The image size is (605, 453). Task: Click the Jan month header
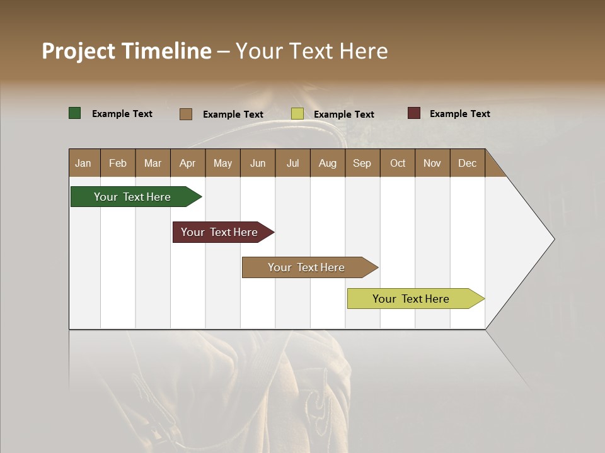83,163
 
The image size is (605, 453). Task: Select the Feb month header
118,163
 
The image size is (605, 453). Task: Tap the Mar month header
153,163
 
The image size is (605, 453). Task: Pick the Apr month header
187,163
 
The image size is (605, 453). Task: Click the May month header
222,163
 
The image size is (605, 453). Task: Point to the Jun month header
258,163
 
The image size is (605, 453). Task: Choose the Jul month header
292,163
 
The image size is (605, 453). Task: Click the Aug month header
327,163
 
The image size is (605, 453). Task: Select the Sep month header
362,163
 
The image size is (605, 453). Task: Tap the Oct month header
398,163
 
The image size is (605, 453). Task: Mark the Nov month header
432,163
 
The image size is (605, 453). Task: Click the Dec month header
467,163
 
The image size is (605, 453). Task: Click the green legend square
75,113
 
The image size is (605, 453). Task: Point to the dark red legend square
414,113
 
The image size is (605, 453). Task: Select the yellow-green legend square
297,114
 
